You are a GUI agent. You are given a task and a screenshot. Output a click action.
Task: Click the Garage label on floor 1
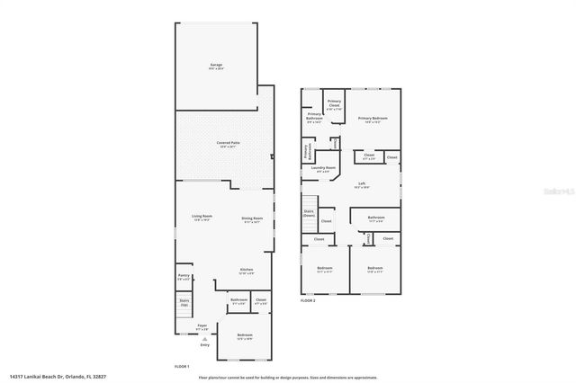point(215,66)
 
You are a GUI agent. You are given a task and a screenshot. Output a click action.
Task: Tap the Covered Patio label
point(228,144)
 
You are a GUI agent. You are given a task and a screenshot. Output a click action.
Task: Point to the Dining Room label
point(252,219)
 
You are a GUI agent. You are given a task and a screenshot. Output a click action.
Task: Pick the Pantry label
point(184,278)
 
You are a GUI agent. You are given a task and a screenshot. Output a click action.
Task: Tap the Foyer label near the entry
point(202,325)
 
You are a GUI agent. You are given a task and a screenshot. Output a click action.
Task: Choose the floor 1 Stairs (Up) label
point(184,303)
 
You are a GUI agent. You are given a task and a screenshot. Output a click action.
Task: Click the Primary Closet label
point(334,103)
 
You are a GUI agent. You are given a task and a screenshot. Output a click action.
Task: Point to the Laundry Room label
point(323,168)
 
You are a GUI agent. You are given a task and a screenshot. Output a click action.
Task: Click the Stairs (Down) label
point(309,214)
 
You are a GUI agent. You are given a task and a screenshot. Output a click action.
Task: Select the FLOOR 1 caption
point(182,366)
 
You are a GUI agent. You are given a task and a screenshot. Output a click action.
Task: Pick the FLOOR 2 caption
point(308,300)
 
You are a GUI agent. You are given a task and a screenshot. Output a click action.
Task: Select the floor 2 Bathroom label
point(375,218)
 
